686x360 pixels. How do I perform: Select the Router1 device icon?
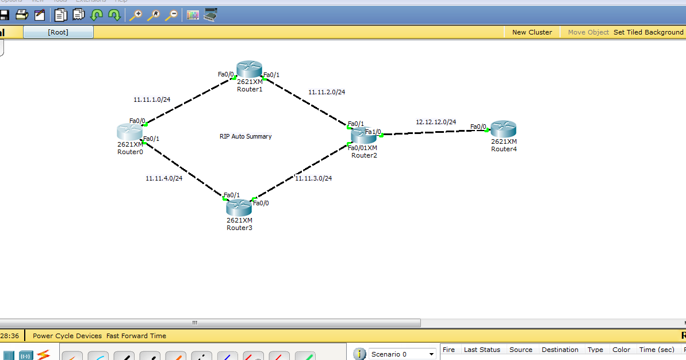249,70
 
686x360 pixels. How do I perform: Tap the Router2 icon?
363,136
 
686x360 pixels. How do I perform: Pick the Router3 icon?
239,207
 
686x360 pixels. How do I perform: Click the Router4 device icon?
504,129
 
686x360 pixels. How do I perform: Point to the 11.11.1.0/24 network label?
152,99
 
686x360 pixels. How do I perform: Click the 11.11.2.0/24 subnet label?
327,92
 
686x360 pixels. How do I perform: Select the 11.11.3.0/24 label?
313,178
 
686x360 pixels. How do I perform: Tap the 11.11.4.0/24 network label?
164,178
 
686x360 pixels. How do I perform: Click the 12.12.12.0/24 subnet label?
436,122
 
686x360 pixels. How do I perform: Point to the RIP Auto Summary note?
246,136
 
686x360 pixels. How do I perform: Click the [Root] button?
58,32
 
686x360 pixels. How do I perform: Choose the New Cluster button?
532,32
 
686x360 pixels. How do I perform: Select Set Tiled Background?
648,32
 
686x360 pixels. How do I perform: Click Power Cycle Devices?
67,336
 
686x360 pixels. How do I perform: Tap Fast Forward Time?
136,336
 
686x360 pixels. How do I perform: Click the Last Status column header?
482,350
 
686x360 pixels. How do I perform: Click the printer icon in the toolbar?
22,15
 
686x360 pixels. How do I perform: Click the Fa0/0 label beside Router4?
478,127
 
